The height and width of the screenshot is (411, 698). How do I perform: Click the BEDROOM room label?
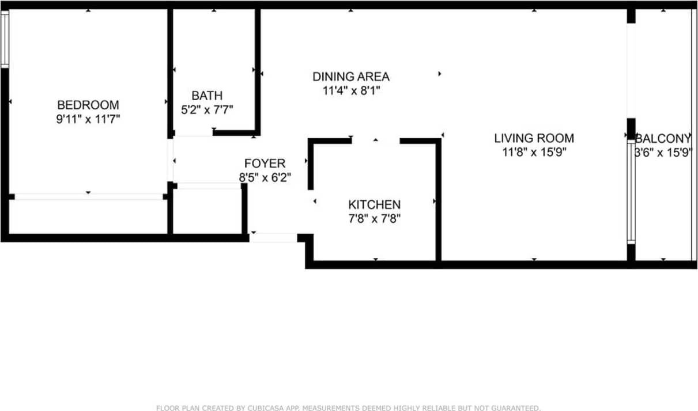[x=88, y=105]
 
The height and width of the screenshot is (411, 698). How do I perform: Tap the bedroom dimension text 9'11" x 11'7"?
[x=88, y=119]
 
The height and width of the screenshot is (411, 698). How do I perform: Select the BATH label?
[x=207, y=96]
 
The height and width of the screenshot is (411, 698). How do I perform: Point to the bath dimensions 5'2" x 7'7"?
[x=207, y=110]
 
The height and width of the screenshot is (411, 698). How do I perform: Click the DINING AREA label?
[x=350, y=76]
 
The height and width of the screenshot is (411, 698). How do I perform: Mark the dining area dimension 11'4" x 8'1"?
[x=350, y=90]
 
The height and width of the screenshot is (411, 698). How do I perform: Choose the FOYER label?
[x=265, y=163]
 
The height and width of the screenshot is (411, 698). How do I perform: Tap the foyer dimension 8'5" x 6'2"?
[x=265, y=178]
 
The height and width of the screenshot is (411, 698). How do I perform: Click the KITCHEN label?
[x=374, y=204]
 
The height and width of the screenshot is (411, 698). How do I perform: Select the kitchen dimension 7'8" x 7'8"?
[x=374, y=219]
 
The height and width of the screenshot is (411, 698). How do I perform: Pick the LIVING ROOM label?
[x=534, y=138]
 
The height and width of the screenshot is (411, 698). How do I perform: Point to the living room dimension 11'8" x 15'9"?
[x=534, y=153]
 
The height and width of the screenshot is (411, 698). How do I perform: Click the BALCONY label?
[x=663, y=138]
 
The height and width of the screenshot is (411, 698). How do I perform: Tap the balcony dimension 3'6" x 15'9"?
[x=663, y=153]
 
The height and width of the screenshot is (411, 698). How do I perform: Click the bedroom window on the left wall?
[x=5, y=39]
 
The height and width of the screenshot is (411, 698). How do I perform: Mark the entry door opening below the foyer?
[x=274, y=237]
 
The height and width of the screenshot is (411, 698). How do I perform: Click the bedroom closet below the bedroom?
[x=88, y=216]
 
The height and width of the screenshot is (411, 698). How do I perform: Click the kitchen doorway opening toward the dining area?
[x=375, y=140]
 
